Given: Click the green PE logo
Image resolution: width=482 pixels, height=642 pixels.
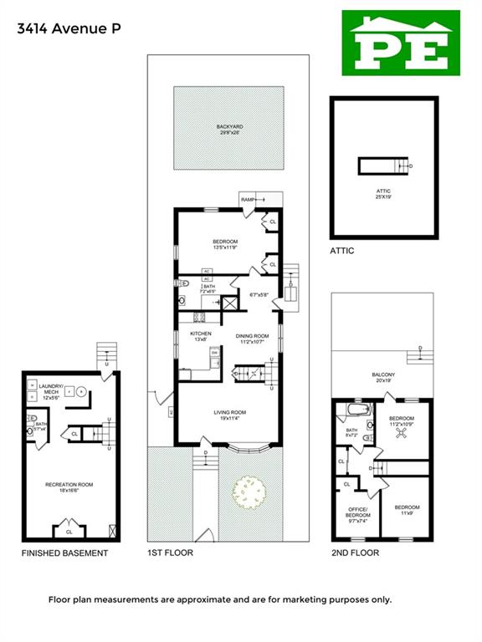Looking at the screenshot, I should click(x=401, y=43).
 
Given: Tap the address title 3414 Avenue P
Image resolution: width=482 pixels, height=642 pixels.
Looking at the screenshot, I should click(x=69, y=28).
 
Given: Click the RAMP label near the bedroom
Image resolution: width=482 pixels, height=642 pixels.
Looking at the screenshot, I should click(x=248, y=200).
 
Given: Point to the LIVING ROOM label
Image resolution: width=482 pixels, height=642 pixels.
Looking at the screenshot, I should click(x=227, y=415).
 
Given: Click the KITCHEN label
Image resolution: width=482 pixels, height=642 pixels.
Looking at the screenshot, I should click(x=201, y=335).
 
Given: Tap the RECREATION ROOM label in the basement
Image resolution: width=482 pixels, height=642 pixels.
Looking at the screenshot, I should click(x=69, y=487).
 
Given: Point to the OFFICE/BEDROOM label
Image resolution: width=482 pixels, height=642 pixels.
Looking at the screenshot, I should click(x=358, y=512).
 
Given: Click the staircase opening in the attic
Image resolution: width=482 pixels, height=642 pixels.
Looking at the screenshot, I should click(x=383, y=166).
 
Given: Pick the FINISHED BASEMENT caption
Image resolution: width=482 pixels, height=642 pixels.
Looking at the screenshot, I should click(x=64, y=553).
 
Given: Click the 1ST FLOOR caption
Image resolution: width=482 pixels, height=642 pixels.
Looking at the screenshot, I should click(x=170, y=553).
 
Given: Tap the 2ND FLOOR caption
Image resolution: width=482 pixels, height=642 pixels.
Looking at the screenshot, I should click(x=355, y=553).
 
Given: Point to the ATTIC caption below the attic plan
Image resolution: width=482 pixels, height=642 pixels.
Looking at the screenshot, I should click(x=341, y=251).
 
